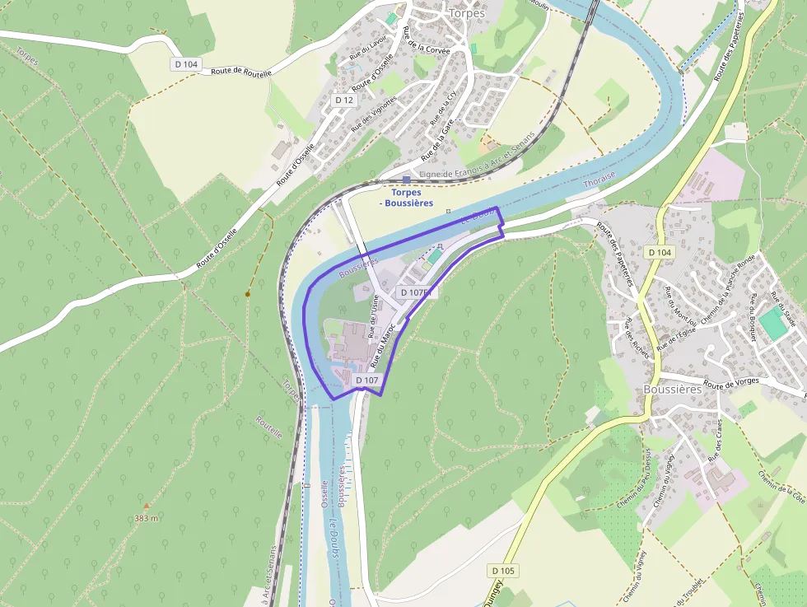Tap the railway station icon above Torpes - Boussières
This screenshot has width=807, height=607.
407,179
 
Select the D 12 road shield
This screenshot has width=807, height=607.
344,100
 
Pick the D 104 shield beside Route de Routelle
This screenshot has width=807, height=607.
187,64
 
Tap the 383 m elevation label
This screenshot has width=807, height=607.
146,518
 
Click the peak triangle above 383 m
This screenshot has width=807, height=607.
147,506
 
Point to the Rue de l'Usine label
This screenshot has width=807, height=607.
374,318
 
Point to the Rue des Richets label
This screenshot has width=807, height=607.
637,338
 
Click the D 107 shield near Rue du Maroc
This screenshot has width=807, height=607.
366,381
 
